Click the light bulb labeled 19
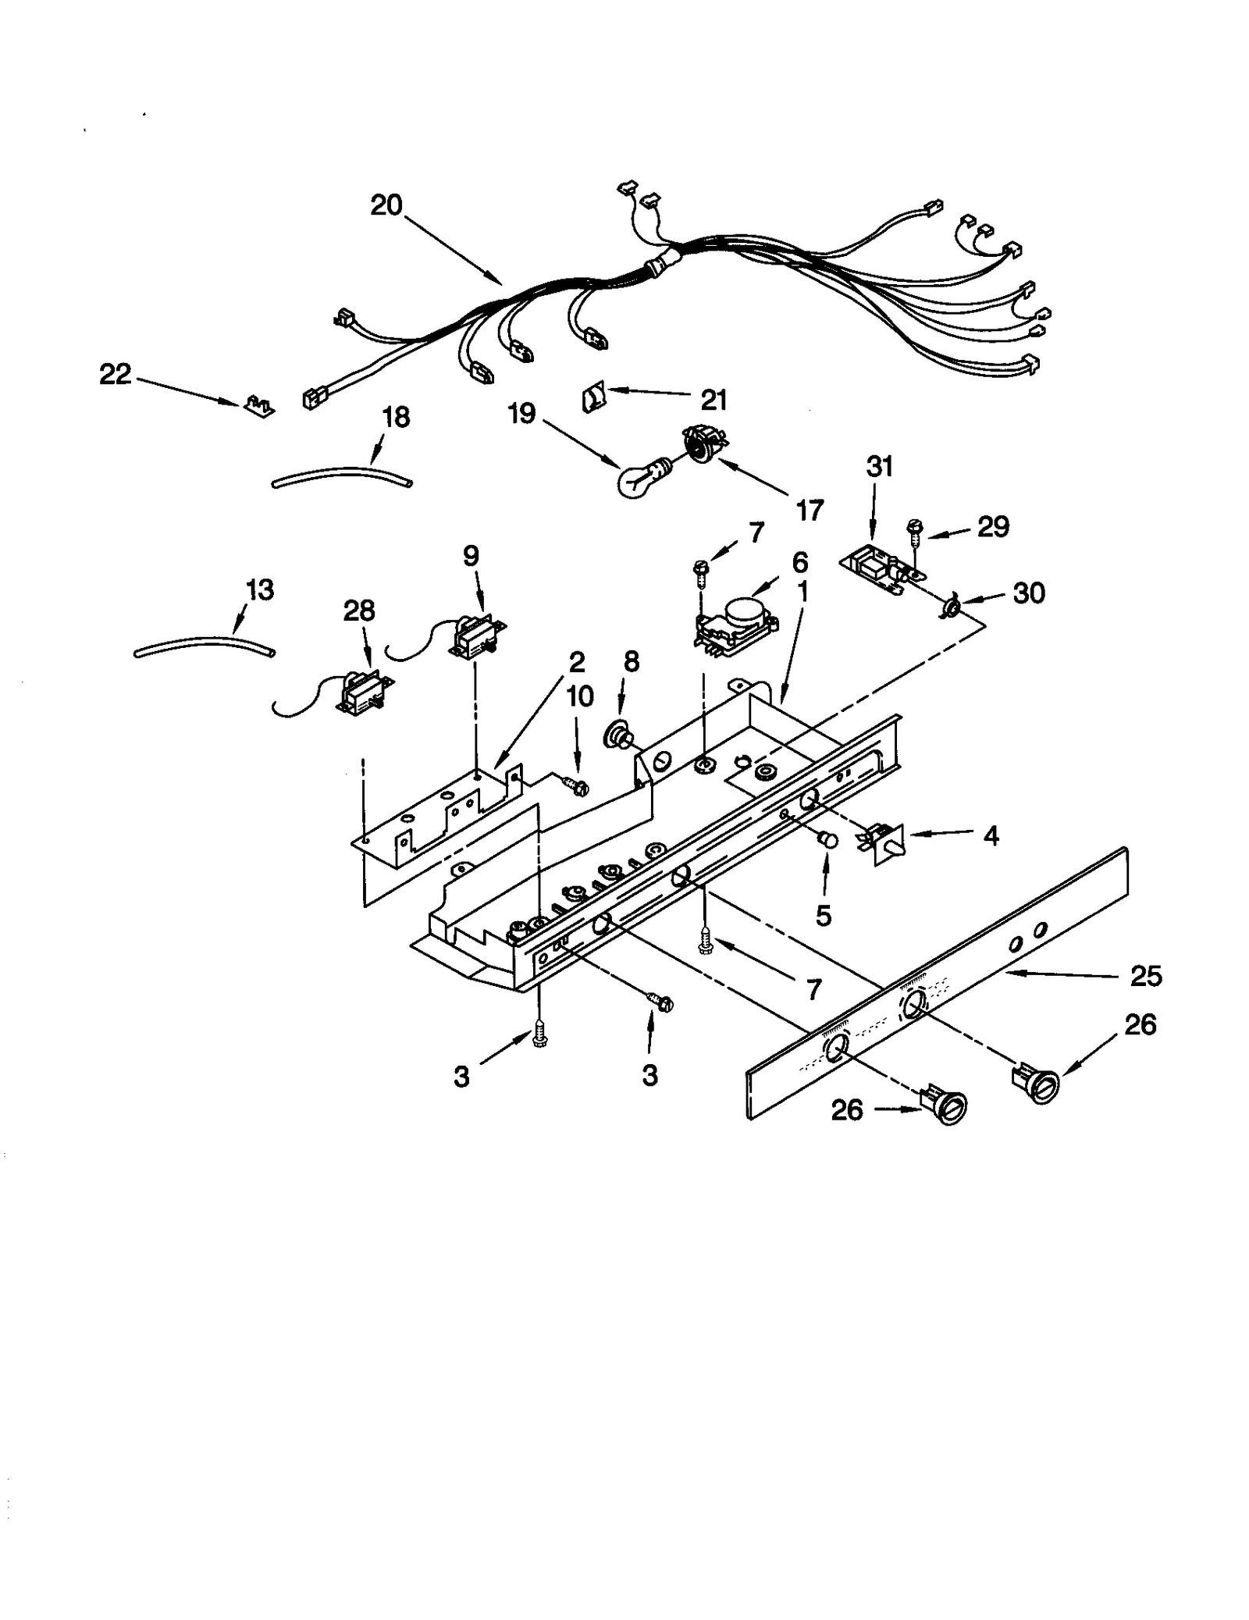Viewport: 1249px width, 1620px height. tap(638, 479)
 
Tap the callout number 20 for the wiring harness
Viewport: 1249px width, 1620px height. tap(386, 205)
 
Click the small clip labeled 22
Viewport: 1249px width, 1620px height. tap(260, 405)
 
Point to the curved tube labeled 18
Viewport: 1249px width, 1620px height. tap(341, 475)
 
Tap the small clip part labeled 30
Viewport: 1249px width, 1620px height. tap(952, 607)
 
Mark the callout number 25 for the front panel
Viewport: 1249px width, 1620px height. tap(1145, 976)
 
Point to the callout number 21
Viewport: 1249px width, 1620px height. tap(713, 400)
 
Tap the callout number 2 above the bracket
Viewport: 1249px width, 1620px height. tap(576, 662)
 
